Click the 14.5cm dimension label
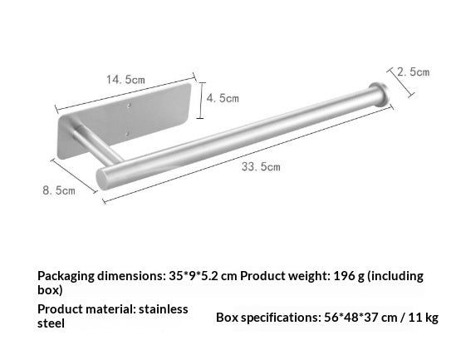pos(125,80)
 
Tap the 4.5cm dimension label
pos(223,98)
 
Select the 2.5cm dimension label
pos(414,72)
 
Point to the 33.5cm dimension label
pos(261,167)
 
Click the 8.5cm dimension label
pos(59,190)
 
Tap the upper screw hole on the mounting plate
pos(129,106)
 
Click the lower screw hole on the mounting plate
pos(127,134)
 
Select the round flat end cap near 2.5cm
pos(379,94)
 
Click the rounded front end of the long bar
pos(103,179)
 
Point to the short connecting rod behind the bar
pos(97,144)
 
